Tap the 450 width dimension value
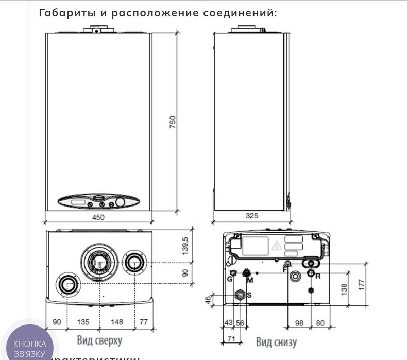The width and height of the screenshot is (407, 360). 98,217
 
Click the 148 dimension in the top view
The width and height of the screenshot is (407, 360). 116,322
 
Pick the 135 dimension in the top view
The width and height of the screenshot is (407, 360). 83,322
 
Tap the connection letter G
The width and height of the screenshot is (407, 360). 230,279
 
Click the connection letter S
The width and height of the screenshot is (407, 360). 249,295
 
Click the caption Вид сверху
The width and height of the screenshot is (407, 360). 99,340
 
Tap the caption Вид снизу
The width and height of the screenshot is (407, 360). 276,341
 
